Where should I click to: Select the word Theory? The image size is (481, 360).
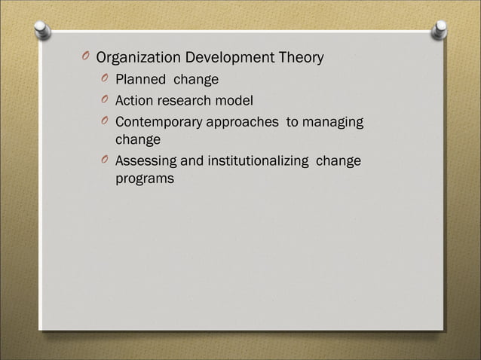[x=302, y=58]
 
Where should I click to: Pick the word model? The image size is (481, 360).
[x=236, y=100]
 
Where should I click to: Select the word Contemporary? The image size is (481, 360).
[x=158, y=122]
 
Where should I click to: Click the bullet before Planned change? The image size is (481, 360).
[x=104, y=79]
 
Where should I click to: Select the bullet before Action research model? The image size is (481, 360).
[x=104, y=100]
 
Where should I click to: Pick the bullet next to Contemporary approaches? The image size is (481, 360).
[x=104, y=122]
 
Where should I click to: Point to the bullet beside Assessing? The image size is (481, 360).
[x=104, y=161]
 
